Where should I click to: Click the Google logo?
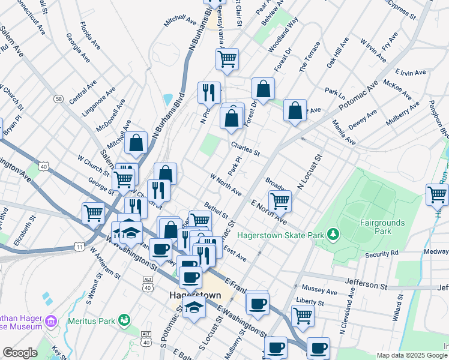20,353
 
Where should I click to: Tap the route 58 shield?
58,98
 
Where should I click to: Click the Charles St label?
244,148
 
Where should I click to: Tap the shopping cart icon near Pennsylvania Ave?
227,59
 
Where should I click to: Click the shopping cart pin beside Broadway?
280,200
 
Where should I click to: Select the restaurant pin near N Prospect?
209,92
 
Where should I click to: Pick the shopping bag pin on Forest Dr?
263,89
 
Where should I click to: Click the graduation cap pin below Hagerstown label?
194,307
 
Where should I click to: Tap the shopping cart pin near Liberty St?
303,315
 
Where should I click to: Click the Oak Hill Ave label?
337,52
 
